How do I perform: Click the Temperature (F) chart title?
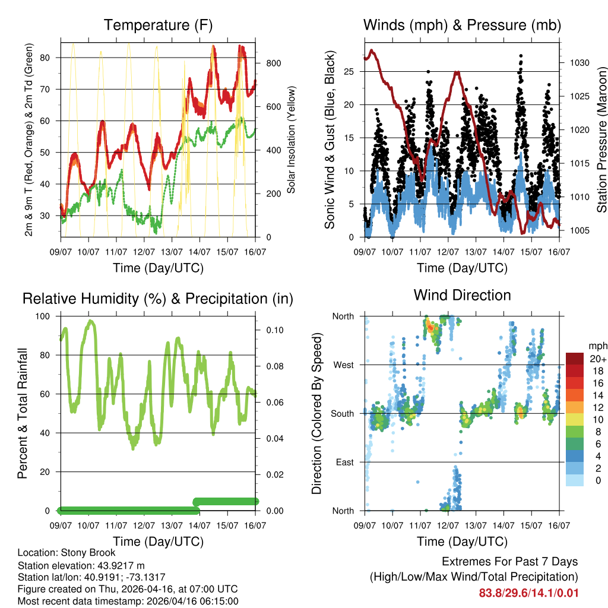tap(158, 26)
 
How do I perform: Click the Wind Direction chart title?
tap(462, 295)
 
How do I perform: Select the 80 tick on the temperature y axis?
tap(50, 58)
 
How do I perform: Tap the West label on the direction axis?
tap(344, 365)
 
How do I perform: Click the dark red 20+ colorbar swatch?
tap(575, 359)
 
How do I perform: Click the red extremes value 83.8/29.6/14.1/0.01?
tap(528, 593)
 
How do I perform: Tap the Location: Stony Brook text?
tap(66, 553)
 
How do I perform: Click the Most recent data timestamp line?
tap(128, 601)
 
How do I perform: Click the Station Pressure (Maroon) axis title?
tap(601, 140)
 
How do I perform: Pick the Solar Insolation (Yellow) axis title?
tap(292, 140)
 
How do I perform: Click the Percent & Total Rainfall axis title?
tap(23, 413)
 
